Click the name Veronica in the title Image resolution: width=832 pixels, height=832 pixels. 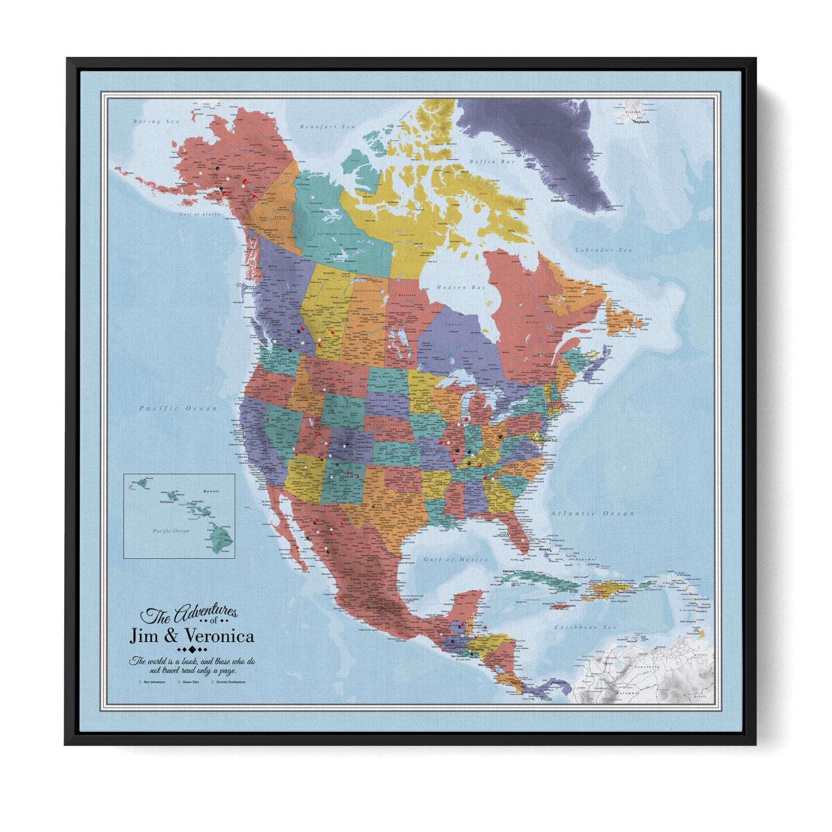point(220,635)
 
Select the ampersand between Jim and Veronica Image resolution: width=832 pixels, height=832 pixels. point(174,635)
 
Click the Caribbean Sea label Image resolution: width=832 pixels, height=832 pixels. point(587,627)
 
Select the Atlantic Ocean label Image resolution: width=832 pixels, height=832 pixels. point(592,514)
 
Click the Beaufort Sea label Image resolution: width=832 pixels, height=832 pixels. point(327,127)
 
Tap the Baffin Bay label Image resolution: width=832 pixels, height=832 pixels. point(492,162)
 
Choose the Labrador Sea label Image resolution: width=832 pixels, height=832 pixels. point(603,250)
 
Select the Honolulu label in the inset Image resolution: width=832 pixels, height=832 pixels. point(167,502)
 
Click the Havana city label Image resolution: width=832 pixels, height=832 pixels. point(510,571)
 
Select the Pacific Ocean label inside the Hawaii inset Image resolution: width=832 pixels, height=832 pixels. point(171,531)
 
